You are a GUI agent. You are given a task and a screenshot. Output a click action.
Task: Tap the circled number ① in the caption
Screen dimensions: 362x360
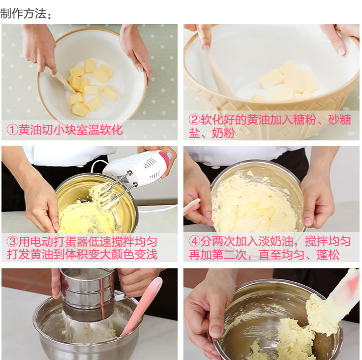pos(12,130)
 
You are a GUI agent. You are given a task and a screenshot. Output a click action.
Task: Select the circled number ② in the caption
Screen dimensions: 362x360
pos(195,120)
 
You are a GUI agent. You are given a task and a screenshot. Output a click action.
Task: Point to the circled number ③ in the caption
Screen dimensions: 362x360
pos(12,242)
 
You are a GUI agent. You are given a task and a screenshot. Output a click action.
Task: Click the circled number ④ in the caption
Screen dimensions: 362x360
pos(195,242)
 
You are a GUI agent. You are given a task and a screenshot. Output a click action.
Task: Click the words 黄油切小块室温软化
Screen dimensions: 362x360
pos(70,130)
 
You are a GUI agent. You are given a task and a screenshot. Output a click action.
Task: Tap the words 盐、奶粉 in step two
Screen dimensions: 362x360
pos(212,133)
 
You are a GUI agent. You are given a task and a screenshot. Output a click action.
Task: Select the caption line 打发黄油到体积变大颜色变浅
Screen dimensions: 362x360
pos(82,254)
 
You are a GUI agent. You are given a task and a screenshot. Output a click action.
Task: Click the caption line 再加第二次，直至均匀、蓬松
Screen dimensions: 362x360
pos(264,255)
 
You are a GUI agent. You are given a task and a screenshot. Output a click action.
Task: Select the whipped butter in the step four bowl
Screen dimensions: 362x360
pos(254,206)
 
